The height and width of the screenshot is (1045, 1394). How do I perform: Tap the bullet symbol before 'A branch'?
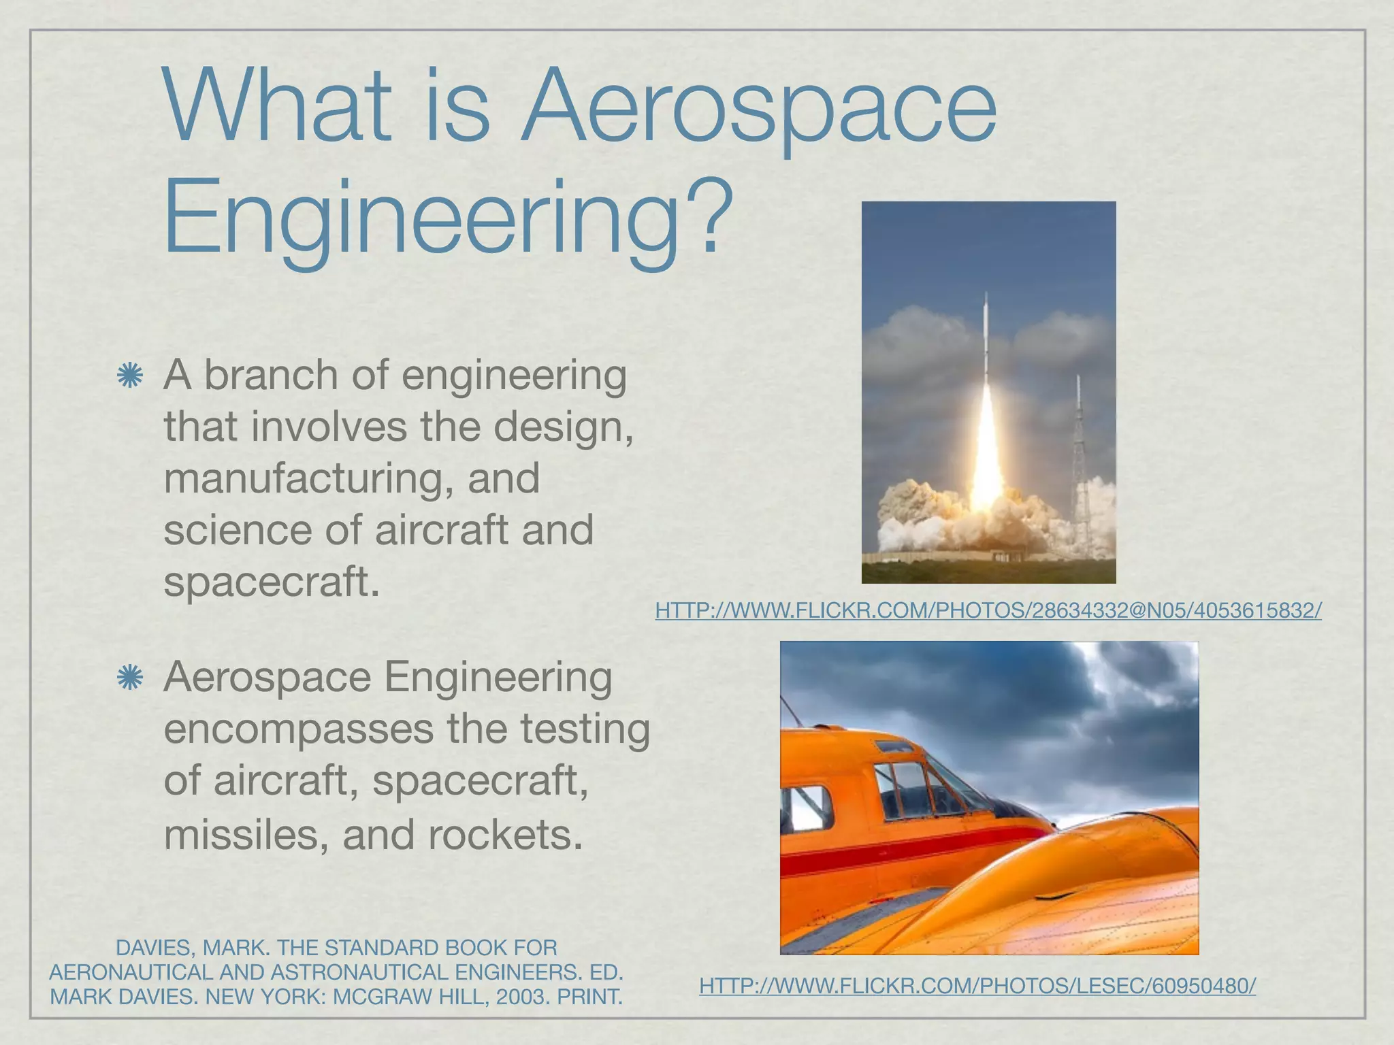pyautogui.click(x=129, y=376)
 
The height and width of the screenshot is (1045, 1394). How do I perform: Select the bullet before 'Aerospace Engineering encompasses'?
pyautogui.click(x=129, y=678)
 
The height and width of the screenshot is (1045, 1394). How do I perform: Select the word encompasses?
pyautogui.click(x=299, y=729)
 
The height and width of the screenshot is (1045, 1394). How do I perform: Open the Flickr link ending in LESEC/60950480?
pyautogui.click(x=977, y=985)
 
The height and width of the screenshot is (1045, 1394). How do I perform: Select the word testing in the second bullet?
pyautogui.click(x=585, y=729)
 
